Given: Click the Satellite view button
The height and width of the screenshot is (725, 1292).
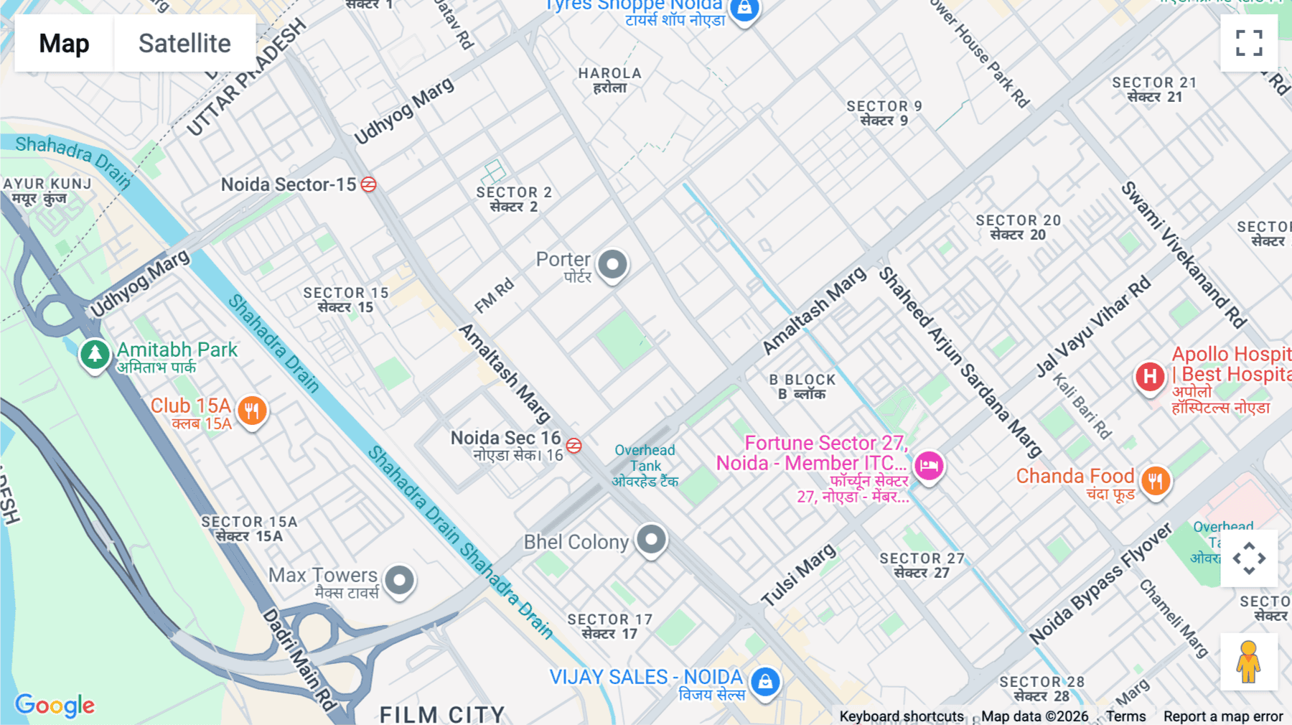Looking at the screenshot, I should tap(184, 43).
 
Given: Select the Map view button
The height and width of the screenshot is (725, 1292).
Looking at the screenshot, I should tap(64, 43).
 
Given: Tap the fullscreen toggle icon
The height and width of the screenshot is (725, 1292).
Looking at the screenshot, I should tap(1249, 43).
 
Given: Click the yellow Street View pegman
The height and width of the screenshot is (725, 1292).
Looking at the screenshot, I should tap(1249, 662).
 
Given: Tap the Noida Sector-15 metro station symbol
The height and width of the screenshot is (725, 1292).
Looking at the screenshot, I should tap(368, 184).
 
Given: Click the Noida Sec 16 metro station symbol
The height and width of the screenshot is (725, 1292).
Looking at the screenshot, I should tap(574, 446).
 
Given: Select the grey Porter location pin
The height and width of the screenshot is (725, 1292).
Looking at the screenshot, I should tap(613, 264).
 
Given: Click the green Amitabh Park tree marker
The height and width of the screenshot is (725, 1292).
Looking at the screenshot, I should tap(95, 353).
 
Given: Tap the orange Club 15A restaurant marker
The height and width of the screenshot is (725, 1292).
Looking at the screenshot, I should tap(252, 411).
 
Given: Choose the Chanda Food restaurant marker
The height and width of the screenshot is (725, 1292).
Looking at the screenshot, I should tap(1155, 481).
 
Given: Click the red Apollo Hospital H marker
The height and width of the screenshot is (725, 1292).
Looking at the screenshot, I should tap(1150, 376).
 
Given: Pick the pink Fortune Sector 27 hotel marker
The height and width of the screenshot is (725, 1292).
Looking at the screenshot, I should tap(929, 466).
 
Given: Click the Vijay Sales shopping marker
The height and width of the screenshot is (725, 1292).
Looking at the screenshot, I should tap(765, 681).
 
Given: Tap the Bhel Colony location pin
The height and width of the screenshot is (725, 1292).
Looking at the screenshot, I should tap(652, 539).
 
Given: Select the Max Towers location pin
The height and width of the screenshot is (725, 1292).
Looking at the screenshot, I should tap(400, 579).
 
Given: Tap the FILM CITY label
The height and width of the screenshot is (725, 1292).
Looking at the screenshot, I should tap(442, 714).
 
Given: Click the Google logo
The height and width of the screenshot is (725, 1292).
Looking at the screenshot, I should tap(55, 705).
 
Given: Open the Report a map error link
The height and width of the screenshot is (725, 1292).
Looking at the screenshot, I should tap(1222, 716).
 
